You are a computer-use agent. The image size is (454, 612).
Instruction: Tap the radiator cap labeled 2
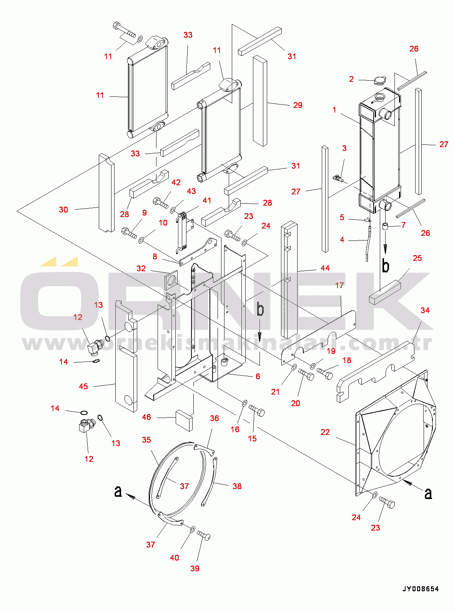380,81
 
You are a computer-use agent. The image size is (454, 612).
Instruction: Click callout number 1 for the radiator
334,110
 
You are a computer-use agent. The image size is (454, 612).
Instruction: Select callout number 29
298,105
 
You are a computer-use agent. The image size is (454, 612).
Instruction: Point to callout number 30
63,210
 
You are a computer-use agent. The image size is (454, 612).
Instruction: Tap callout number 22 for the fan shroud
325,432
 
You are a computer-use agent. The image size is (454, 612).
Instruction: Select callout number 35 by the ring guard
146,440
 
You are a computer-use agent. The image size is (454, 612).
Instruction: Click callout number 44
325,268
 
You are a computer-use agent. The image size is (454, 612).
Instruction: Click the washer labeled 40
193,529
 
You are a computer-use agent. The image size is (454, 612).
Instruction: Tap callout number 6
258,376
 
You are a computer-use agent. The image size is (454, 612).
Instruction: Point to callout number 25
417,258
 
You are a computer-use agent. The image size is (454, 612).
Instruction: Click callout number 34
425,310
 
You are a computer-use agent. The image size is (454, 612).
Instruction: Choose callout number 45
83,386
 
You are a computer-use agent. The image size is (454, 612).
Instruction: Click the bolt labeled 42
161,203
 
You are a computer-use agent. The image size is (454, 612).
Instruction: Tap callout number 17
339,285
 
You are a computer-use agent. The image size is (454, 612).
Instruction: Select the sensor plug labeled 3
339,177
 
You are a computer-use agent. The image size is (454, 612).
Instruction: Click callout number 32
141,268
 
